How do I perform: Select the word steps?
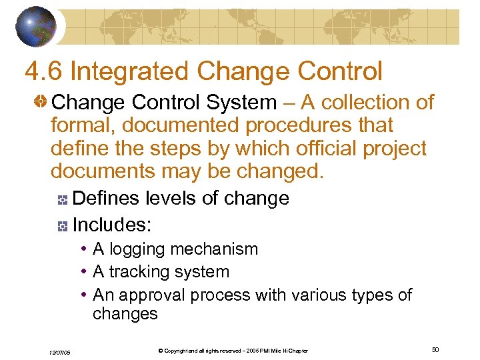click(156, 148)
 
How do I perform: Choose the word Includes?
click(112, 225)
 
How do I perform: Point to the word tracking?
click(139, 272)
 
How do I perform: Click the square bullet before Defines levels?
click(62, 199)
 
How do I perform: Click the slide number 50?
click(435, 349)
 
